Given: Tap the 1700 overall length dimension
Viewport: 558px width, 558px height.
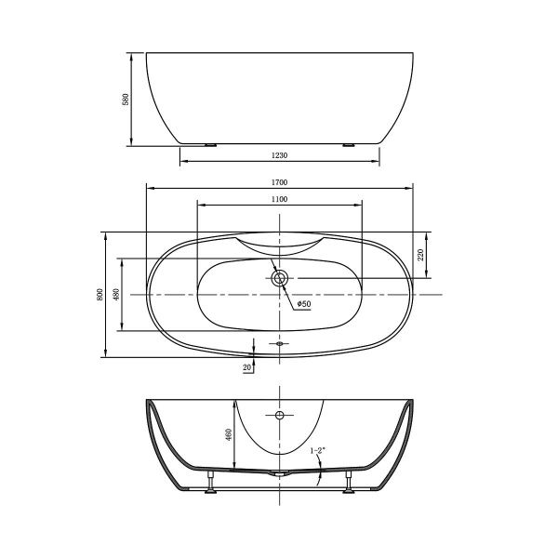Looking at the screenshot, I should coord(279,182).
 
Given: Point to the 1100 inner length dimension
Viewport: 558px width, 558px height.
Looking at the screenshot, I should coord(279,199).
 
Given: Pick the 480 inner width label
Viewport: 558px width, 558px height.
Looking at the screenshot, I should coord(116,295).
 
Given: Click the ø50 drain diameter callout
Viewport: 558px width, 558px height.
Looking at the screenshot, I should coord(303,304).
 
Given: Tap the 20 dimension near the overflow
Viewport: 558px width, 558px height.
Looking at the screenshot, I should coord(246,368).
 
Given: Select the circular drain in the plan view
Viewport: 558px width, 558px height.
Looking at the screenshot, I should coord(280,277).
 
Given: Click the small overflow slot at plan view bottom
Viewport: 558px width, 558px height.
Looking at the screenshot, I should coord(279,344).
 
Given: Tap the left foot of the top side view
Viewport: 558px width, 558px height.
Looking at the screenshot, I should coord(210,144).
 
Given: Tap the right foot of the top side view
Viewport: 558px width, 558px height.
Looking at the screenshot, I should coord(349,144).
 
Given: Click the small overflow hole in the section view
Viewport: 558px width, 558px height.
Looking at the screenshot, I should coord(279,413).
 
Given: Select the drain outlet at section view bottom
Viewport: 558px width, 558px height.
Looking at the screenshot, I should coord(279,473).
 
